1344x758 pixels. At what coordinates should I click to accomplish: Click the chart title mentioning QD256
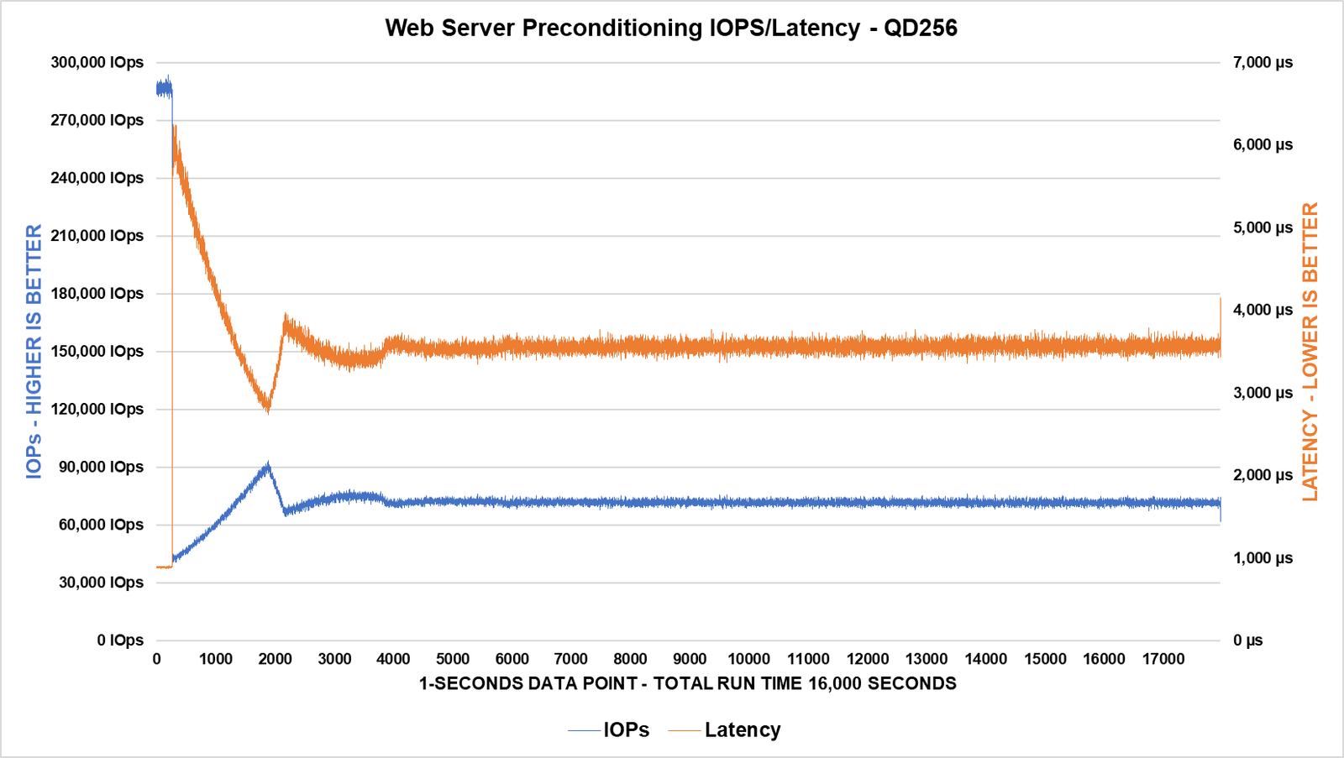(671, 28)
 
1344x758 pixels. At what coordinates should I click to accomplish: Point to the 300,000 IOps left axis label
(97, 62)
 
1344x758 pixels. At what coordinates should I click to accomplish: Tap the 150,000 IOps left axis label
(97, 351)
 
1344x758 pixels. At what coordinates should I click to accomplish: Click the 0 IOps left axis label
(120, 640)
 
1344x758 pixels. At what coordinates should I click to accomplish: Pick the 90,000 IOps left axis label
(101, 467)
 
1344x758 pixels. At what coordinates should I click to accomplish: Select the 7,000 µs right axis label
(1263, 62)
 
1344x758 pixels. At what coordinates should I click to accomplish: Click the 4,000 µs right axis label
(1263, 310)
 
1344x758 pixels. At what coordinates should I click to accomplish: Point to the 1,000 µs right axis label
(1263, 558)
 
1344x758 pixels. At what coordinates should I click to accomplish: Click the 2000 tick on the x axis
(275, 659)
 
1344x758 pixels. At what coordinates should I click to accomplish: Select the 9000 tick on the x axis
(690, 659)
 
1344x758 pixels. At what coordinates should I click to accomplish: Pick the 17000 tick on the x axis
(1163, 659)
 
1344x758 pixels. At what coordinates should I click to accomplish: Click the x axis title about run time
(687, 683)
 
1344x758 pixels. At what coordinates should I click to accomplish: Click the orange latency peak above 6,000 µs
(174, 128)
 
